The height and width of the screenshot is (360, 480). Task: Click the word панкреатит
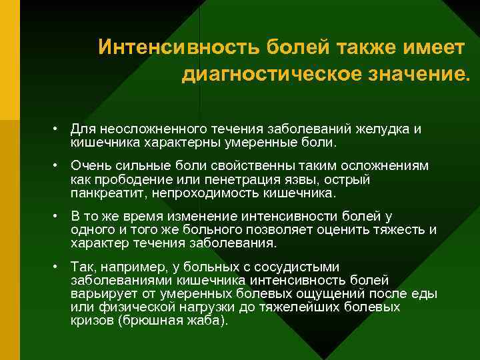(110, 193)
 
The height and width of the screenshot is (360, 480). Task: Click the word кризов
(91, 320)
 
